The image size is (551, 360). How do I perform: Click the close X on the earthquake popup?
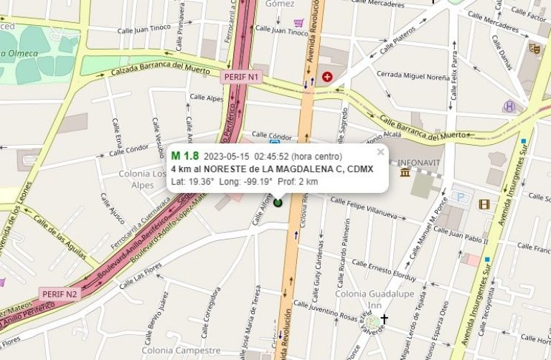(x=380, y=151)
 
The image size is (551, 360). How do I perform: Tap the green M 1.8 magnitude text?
(x=185, y=156)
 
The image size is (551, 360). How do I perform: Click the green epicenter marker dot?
(x=278, y=203)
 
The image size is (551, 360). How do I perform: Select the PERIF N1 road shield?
(x=240, y=77)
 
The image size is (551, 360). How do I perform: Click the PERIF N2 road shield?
(x=59, y=293)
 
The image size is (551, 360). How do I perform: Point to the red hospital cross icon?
(x=328, y=76)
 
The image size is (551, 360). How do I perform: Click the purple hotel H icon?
(x=509, y=106)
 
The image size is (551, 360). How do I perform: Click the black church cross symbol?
(x=384, y=318)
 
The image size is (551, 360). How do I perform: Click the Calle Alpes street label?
(x=206, y=98)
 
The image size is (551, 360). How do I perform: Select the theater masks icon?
(x=534, y=48)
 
